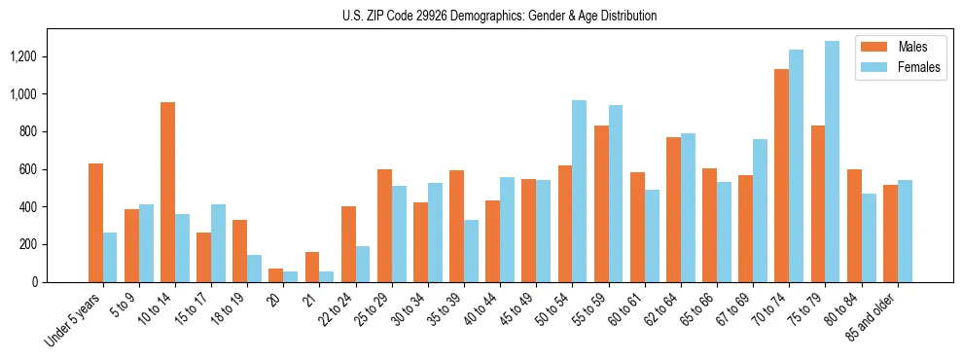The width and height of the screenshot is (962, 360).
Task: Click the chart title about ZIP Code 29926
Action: coord(499,16)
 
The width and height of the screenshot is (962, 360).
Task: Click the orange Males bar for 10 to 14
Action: coord(167,192)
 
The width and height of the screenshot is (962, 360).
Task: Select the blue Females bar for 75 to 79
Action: coord(833,162)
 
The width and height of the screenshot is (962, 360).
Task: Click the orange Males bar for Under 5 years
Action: coord(95,223)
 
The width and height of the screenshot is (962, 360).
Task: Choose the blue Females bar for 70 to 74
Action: coord(797,165)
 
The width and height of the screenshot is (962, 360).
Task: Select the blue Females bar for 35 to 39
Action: coord(471,251)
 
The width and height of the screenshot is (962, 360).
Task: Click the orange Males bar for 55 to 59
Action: coord(601,203)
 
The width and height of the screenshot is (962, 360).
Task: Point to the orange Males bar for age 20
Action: coord(276,275)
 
